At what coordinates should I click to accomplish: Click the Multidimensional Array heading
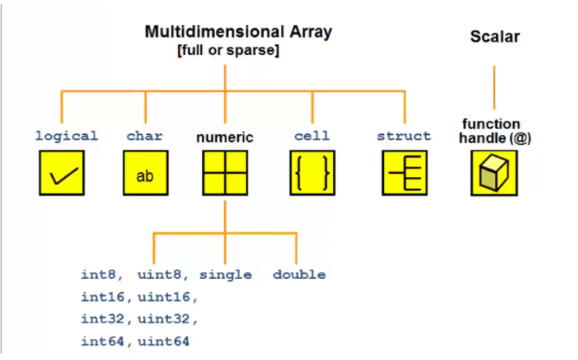click(x=238, y=32)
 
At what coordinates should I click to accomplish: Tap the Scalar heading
click(x=495, y=37)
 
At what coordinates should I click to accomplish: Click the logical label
click(x=66, y=136)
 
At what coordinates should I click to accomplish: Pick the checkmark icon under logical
click(x=61, y=174)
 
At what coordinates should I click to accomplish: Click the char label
click(x=145, y=136)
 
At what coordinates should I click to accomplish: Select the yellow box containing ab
click(x=145, y=174)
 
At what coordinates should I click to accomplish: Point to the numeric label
click(x=224, y=137)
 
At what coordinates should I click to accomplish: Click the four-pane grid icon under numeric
click(x=224, y=174)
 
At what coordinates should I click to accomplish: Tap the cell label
click(x=312, y=136)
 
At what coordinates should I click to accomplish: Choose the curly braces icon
click(x=312, y=174)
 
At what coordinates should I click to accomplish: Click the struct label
click(x=404, y=136)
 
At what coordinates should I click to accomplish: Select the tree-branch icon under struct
click(x=404, y=174)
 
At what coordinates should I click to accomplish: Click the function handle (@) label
click(x=494, y=131)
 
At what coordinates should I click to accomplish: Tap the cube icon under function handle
click(x=494, y=174)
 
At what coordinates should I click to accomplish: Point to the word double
click(x=299, y=275)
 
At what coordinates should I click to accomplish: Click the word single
click(x=225, y=275)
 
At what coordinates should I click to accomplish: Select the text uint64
click(x=164, y=342)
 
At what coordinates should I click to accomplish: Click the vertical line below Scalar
click(x=494, y=88)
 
